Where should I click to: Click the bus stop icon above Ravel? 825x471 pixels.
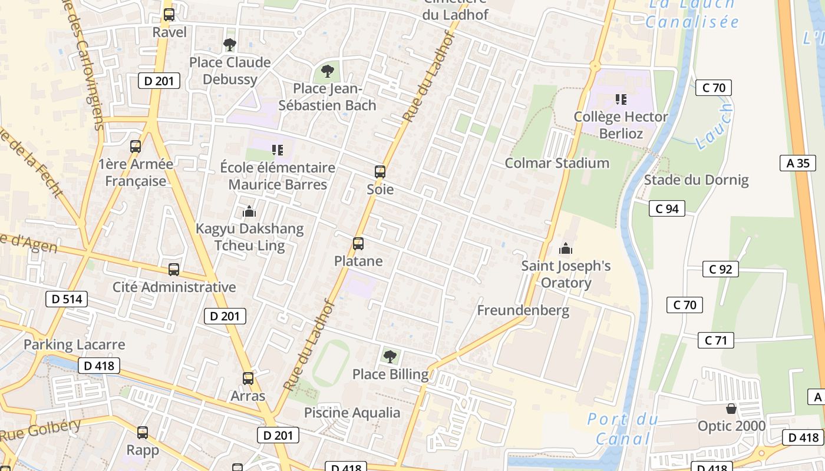click(169, 15)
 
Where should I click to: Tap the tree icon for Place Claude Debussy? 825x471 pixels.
click(230, 44)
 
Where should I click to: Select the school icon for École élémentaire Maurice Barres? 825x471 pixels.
click(277, 150)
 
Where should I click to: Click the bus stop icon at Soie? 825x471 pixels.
click(380, 172)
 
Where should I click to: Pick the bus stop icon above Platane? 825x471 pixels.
click(358, 243)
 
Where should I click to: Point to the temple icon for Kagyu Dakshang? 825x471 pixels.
click(249, 211)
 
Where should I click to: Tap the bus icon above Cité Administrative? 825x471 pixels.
click(173, 270)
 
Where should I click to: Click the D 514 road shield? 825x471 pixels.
click(67, 299)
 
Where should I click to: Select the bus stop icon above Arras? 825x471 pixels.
click(248, 378)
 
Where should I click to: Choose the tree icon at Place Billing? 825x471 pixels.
click(390, 356)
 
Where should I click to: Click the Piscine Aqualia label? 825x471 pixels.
click(352, 413)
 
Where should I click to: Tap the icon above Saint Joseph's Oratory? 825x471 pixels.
click(566, 248)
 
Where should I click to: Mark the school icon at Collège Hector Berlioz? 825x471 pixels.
click(621, 99)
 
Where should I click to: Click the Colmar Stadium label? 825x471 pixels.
click(557, 163)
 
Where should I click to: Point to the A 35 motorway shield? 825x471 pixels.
click(798, 163)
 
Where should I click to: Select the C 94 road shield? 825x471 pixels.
click(666, 208)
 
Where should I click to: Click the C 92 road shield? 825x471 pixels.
click(720, 270)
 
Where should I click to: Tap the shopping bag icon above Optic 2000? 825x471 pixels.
click(731, 408)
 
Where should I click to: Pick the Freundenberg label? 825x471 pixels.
click(523, 310)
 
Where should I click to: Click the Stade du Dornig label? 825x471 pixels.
click(696, 180)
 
